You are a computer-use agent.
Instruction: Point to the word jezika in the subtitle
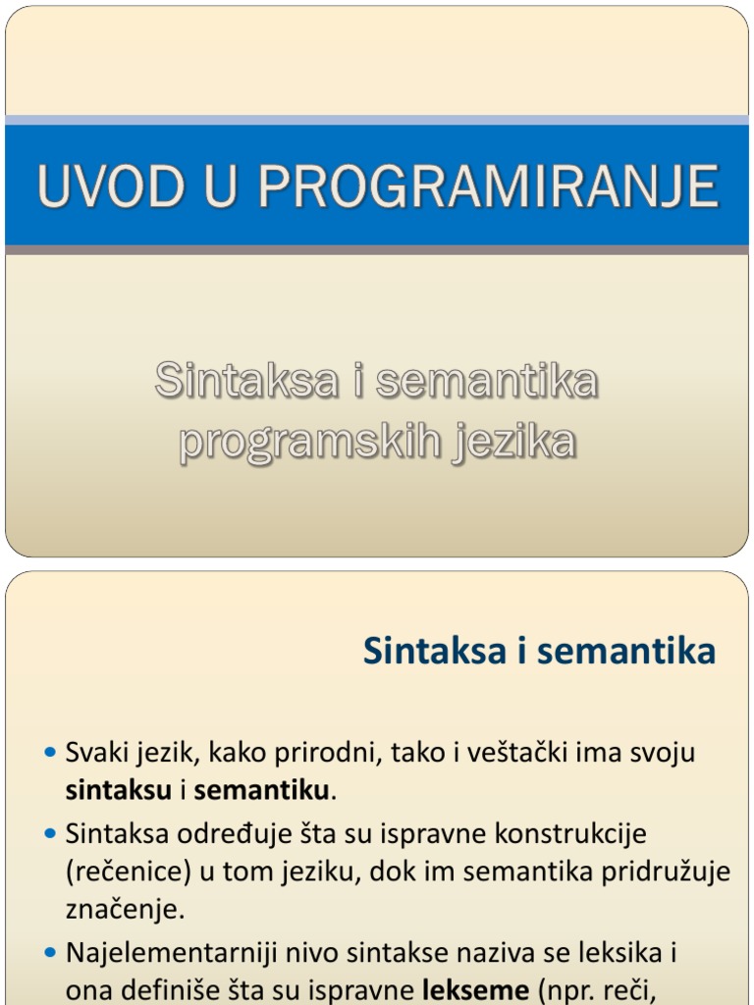click(513, 443)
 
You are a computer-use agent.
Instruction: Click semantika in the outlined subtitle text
click(485, 382)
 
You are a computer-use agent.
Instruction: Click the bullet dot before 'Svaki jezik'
click(51, 753)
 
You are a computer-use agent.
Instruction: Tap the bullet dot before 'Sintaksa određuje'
click(51, 833)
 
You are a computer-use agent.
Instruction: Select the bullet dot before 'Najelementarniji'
click(51, 952)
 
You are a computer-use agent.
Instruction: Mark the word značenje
click(125, 910)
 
